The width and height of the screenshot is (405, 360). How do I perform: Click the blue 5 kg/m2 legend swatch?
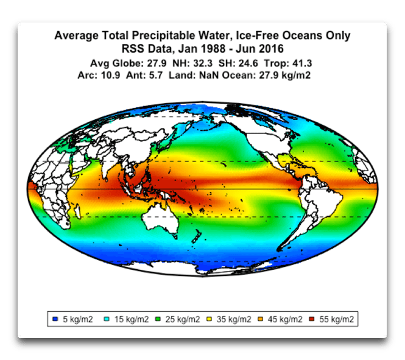(55, 319)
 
